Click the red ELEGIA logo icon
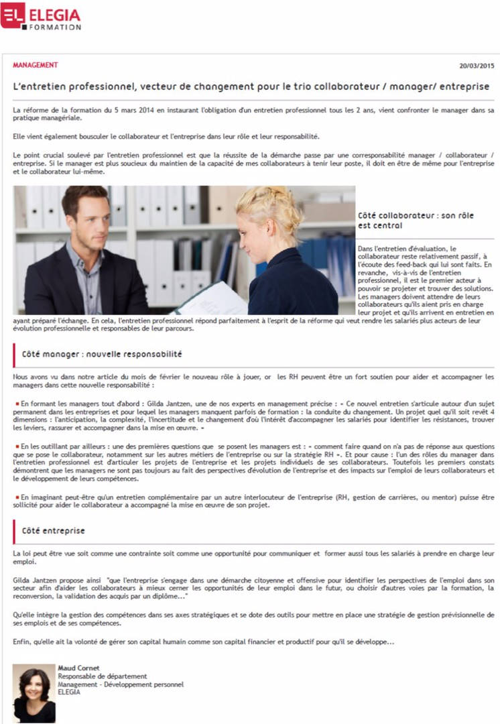[13, 15]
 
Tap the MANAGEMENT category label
[36, 66]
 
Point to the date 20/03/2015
[477, 66]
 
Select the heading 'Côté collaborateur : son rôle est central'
[425, 221]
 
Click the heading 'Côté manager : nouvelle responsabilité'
[102, 353]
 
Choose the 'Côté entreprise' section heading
[54, 530]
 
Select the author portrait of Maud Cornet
[34, 693]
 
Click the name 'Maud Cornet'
[78, 668]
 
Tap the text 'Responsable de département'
[102, 676]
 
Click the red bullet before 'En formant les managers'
[17, 404]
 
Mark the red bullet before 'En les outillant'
[17, 446]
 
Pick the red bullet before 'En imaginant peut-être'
[17, 497]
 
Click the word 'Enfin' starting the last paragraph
[22, 642]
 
